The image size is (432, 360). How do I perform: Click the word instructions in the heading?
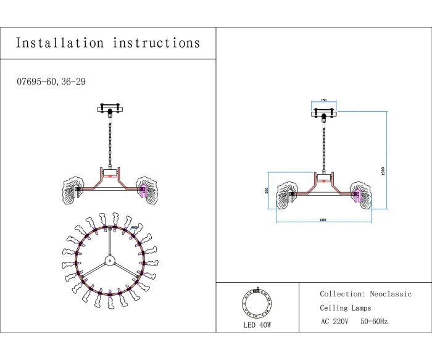156,43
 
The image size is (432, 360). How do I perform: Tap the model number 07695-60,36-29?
52,82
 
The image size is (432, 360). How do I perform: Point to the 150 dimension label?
324,101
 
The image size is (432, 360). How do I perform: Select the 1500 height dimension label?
383,171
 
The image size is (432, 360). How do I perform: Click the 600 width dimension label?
322,220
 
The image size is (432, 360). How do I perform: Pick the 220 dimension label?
267,191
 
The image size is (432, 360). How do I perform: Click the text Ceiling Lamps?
345,308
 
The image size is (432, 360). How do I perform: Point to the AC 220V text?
334,322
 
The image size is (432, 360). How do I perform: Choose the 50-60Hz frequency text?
374,322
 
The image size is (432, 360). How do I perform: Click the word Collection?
341,295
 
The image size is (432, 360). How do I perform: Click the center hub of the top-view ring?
109,259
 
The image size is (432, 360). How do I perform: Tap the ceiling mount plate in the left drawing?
110,109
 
